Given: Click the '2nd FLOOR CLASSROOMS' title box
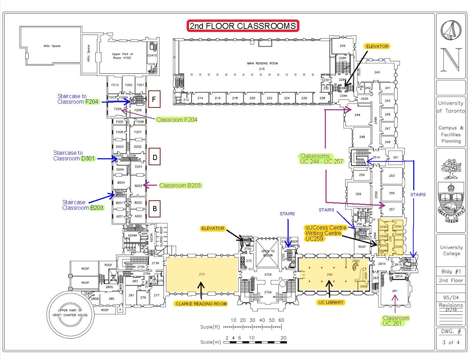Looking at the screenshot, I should pos(243,26).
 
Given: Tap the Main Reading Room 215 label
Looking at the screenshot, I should pos(262,66).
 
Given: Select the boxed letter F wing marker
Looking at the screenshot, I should pos(154,101).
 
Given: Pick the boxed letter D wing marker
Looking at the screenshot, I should pos(154,157).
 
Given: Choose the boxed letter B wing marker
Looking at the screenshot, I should pos(155,208).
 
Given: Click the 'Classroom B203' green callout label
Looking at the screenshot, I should pos(180,185).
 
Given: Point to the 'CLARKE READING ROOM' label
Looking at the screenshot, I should pos(201,304).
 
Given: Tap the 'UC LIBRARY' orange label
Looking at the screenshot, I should pos(330,302).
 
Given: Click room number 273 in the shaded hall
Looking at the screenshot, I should pos(202,274).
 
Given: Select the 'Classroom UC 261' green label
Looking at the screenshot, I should pos(395,321).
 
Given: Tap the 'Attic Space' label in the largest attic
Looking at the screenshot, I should pos(52,46).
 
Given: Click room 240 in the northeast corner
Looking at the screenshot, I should pos(377,72).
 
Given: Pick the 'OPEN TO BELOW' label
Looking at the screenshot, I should pos(267,253).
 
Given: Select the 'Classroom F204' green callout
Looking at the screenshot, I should pos(177,120).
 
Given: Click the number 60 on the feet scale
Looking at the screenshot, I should pos(281,320).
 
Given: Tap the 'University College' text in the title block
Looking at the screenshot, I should pos(451,250).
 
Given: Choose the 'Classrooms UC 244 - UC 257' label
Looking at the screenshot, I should pos(321,159).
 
